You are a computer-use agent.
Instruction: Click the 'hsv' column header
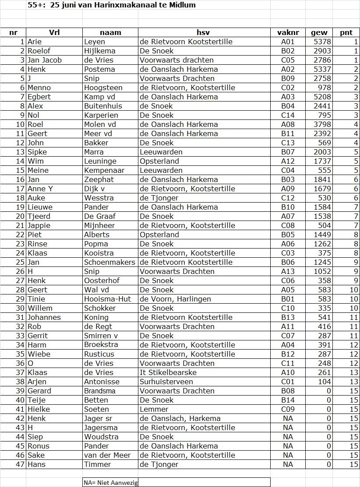pos(203,32)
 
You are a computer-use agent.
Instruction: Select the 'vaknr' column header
pos(288,32)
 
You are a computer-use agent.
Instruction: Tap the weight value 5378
pos(322,42)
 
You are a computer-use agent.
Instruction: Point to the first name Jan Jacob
pos(45,60)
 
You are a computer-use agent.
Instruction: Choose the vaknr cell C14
pos(288,115)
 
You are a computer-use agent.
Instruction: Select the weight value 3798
pos(322,124)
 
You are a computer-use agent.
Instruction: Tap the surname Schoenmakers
pos(110,262)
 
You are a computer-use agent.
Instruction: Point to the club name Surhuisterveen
pos(166,382)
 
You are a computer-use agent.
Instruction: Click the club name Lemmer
pos(154,409)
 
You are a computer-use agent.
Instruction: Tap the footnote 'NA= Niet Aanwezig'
pos(111,482)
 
